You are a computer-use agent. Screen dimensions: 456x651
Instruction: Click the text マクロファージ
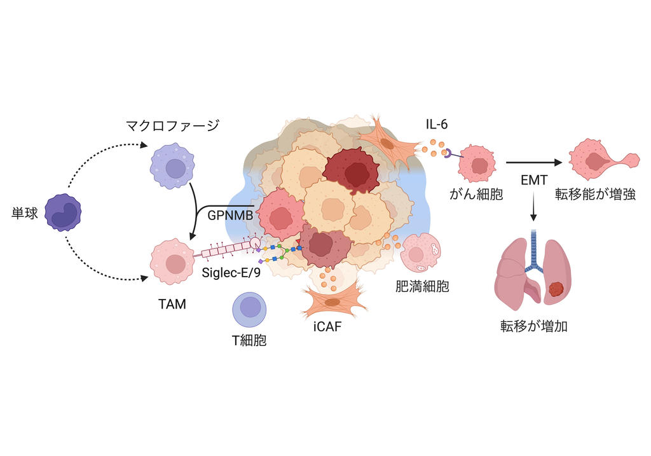[x=172, y=125]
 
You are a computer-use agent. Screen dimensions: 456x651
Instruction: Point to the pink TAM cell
[x=172, y=261]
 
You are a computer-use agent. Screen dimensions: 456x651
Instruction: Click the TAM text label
[x=172, y=304]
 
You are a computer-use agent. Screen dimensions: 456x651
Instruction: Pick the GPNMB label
[x=230, y=215]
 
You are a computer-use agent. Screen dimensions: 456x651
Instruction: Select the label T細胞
[x=249, y=340]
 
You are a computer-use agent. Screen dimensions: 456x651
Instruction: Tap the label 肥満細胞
[x=422, y=286]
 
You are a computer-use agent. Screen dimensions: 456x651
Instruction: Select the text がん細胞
[x=476, y=195]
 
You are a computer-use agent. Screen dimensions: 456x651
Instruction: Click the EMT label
[x=534, y=181]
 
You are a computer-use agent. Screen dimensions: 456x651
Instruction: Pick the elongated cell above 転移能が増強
[x=601, y=159]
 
